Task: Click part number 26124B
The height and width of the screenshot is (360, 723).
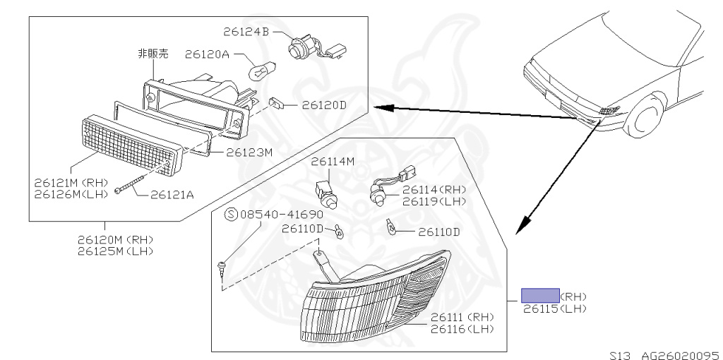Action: coord(246,32)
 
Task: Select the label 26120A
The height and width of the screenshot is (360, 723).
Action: coord(207,54)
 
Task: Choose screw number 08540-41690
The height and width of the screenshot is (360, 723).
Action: coord(281,213)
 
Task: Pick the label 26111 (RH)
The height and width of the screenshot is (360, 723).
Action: coord(462,318)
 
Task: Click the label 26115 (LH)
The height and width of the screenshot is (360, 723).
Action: coord(554,308)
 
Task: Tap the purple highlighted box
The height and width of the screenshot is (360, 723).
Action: coord(540,295)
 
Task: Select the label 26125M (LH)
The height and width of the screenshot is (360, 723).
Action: coord(115,251)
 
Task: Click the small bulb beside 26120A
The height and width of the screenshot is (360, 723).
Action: coord(259,71)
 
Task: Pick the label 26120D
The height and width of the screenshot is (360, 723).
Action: coord(324,106)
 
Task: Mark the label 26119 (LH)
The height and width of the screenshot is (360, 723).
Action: coord(435,201)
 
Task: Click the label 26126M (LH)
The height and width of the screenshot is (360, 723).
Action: coord(71,195)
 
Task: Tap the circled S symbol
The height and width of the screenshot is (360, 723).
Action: coord(230,213)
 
